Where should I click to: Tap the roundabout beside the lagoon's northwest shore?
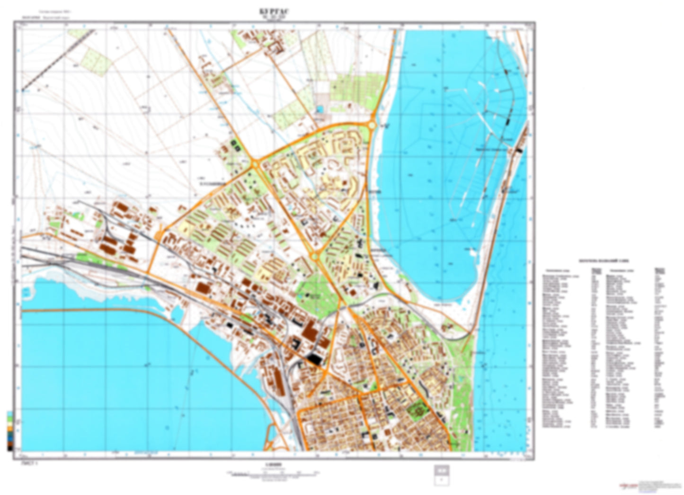pos(372,126)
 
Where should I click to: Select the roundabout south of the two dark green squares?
pos(255,164)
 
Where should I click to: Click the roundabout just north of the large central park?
pos(314,256)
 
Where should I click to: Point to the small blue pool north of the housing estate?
pos(321,109)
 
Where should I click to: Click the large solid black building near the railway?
pos(314,359)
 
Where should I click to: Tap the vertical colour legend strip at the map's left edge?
pos(9,431)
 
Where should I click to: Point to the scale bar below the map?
pos(274,473)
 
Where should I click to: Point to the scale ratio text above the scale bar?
pos(274,465)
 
